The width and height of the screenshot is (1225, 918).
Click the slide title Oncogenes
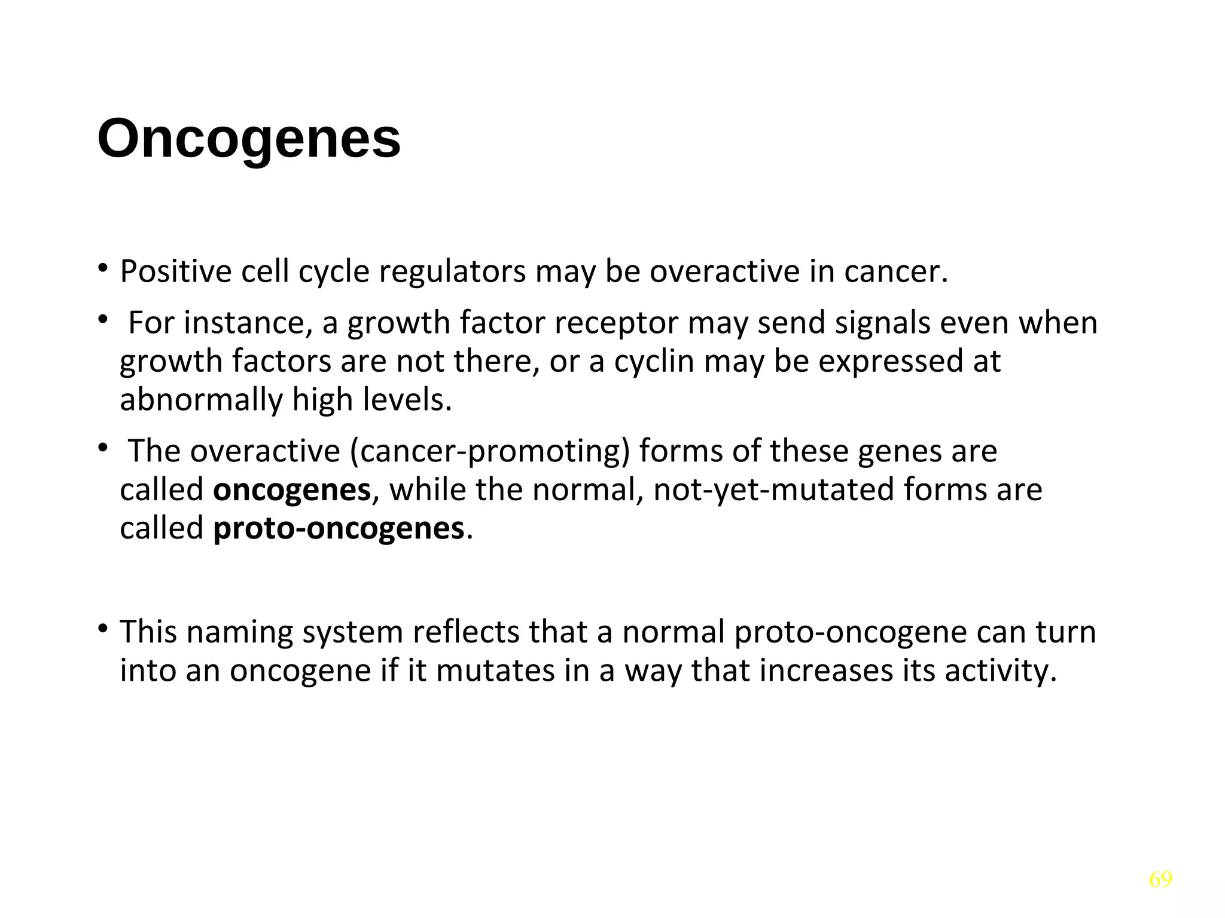[249, 139]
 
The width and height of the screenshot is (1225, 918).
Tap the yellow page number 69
[1160, 879]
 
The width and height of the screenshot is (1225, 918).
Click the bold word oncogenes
[292, 490]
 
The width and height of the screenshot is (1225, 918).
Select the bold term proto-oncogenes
[339, 528]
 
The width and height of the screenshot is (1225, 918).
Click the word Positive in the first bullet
[176, 272]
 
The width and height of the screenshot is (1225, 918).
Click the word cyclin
[654, 362]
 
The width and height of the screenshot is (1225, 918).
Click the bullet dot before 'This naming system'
[103, 629]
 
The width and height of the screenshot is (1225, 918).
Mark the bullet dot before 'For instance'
[103, 320]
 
